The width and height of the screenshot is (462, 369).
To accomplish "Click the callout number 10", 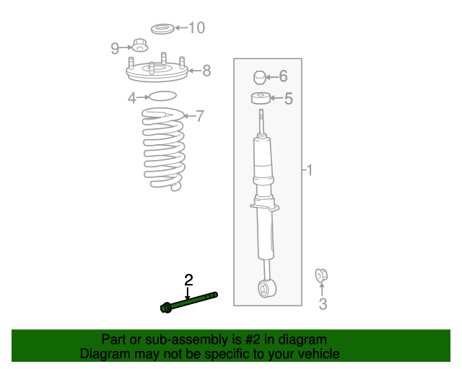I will pos(196,28).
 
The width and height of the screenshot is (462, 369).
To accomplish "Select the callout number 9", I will pos(115,48).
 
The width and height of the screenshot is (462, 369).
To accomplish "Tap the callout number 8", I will pos(206,71).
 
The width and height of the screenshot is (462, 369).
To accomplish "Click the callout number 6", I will pos(283,76).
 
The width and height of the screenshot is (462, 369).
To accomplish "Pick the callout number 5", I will pos(288,99).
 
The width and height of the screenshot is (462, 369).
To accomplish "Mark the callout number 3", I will pos(323,304).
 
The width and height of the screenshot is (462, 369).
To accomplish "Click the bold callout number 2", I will pos(188,280).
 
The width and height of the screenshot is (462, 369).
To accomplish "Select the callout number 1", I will pos(309,170).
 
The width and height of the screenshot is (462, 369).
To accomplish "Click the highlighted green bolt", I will pos(188,301).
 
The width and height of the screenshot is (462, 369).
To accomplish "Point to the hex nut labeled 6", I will pos(261,76).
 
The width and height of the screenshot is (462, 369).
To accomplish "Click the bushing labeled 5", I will pos(261,98).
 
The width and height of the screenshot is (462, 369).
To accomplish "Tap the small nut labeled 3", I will pos(322,275).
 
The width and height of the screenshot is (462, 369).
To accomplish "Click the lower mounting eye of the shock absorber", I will pos(265,290).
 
